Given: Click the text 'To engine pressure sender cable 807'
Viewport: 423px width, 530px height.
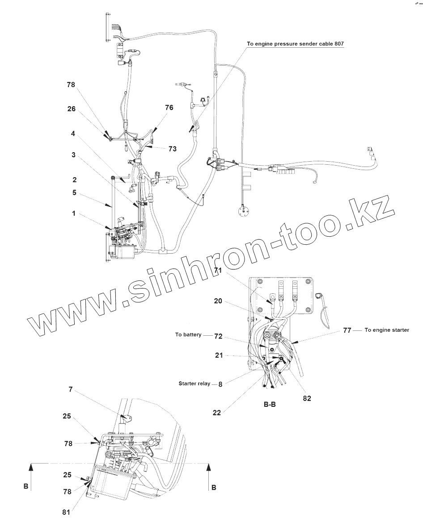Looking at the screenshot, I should pyautogui.click(x=296, y=44).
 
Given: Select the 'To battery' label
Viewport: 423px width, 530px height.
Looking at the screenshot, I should pyautogui.click(x=189, y=334).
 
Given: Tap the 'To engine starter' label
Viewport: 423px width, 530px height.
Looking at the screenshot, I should pyautogui.click(x=386, y=330).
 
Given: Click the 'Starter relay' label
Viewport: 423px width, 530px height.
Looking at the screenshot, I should pyautogui.click(x=195, y=383).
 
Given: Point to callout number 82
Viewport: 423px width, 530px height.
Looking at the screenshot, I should pyautogui.click(x=307, y=398).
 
